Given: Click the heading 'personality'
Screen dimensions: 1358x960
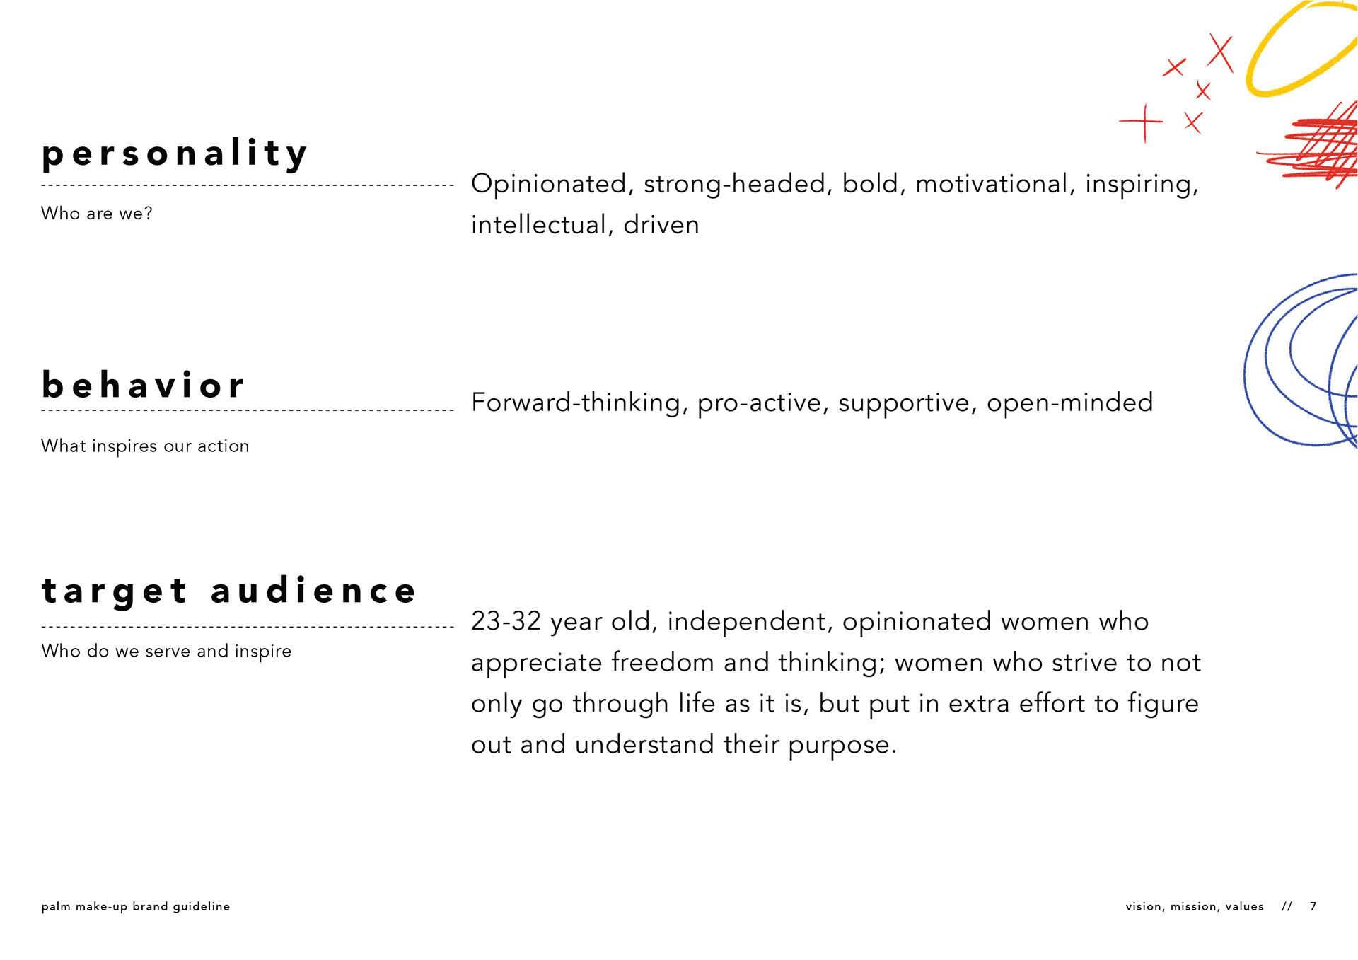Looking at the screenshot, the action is (175, 154).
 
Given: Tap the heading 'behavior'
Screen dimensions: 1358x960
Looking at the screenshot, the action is (143, 385).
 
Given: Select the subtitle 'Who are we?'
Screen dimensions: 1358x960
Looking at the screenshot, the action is (97, 213).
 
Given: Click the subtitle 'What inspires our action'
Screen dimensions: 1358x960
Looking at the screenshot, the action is (145, 446).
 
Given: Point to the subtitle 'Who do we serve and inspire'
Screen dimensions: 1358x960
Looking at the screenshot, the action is (166, 651).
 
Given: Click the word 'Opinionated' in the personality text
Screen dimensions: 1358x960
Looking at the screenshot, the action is (550, 184).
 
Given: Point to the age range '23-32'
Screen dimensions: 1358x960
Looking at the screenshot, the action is (506, 620).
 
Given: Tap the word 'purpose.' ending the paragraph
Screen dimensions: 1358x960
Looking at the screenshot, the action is (842, 746).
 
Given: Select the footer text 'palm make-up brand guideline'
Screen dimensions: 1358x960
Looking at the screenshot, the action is (136, 906).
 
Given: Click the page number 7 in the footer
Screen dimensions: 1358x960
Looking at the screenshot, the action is (1313, 906).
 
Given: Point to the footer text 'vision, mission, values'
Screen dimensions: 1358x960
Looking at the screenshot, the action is (1195, 906).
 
